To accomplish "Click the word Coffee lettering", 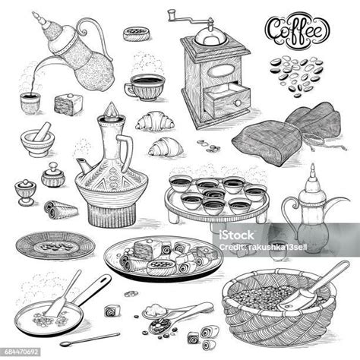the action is (297, 31).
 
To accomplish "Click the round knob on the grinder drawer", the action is (238, 103).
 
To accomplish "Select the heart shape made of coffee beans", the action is (296, 75).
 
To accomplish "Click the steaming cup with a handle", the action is (144, 87).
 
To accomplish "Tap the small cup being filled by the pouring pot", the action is (30, 103).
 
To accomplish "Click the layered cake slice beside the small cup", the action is (68, 104).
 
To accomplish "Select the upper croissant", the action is (155, 122).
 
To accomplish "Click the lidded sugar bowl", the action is (53, 175).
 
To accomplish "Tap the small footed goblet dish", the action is (25, 192).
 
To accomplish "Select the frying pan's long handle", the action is (92, 289).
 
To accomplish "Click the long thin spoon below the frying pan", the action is (90, 339).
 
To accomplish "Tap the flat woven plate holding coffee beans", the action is (55, 245).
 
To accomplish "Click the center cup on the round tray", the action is (214, 194).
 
